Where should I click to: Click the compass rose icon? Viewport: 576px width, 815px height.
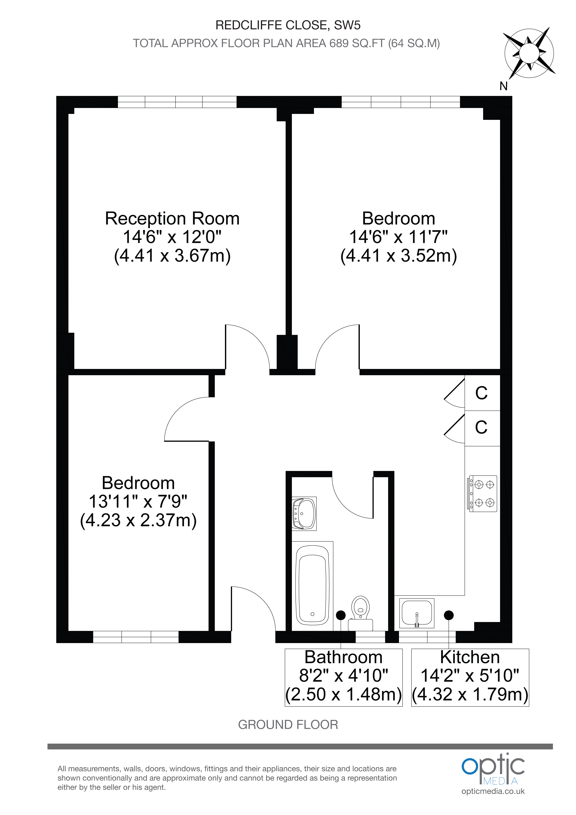529,53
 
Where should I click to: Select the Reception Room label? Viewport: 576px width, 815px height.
172,218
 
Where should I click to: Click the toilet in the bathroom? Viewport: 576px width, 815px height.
360,613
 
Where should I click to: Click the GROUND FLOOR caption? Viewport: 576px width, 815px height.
288,724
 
